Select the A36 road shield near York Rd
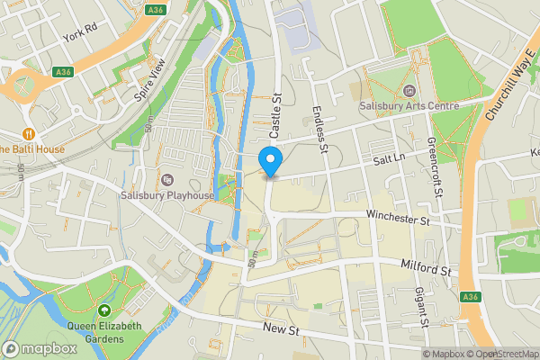63,71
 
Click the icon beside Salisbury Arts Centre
410,90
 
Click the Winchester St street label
400,216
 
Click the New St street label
280,330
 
